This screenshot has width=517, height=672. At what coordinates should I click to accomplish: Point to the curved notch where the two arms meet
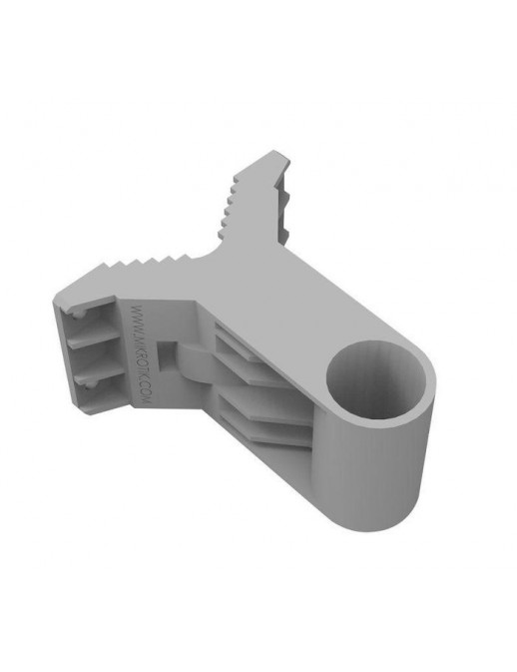tap(213, 256)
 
